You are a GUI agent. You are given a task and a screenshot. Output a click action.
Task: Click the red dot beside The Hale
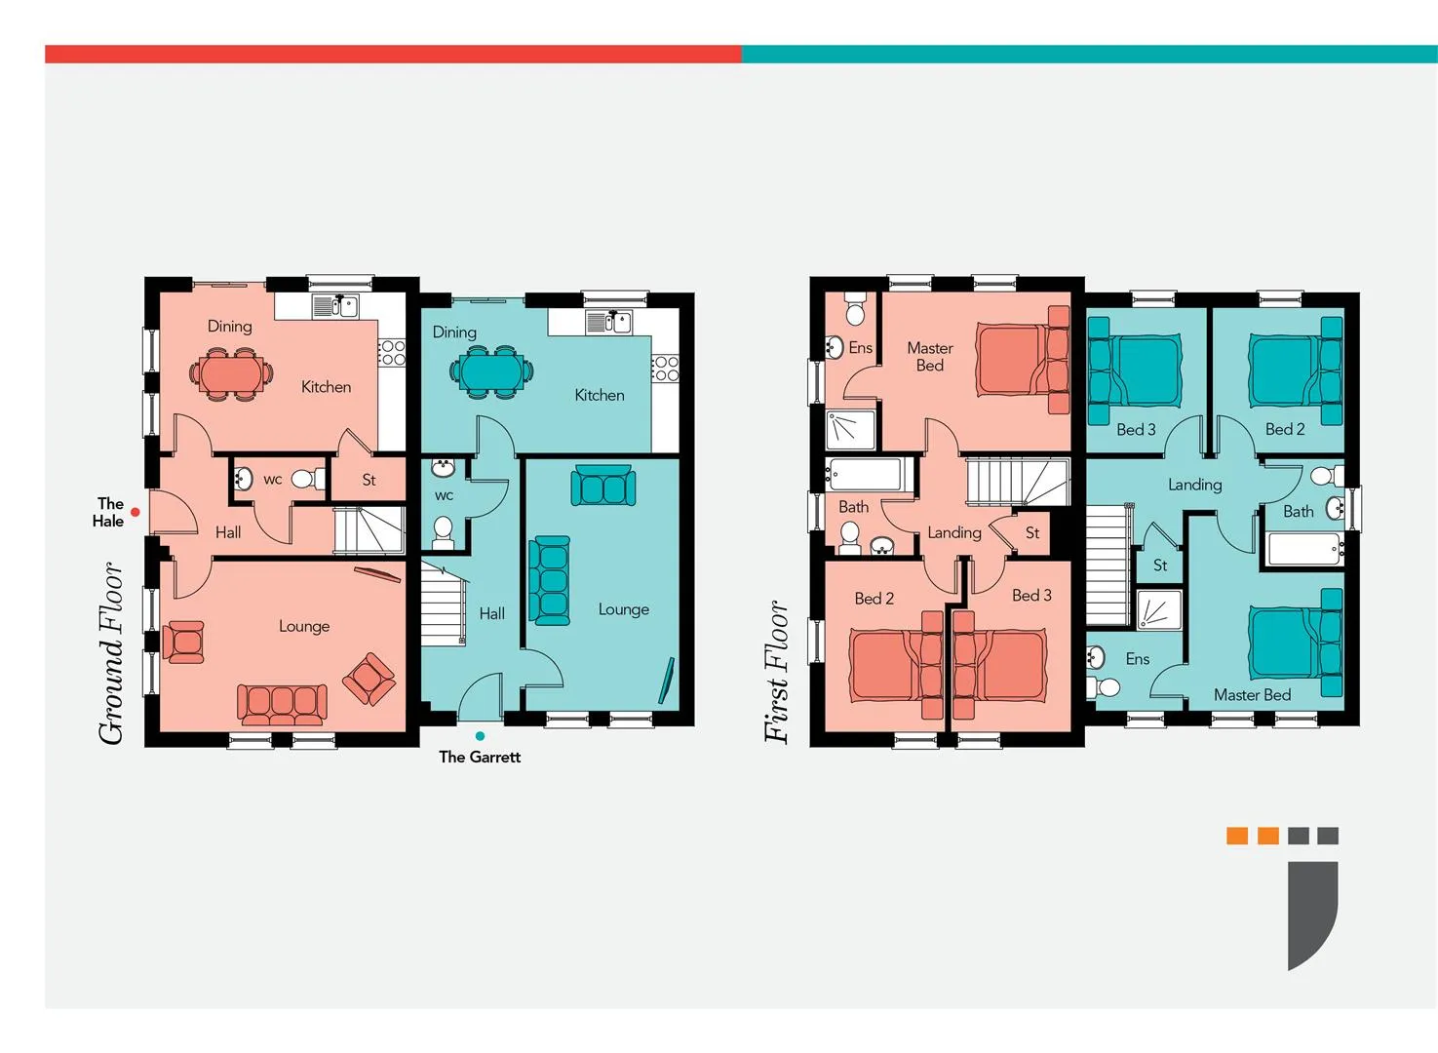(x=136, y=512)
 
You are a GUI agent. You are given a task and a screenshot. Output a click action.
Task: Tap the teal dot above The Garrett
(x=481, y=736)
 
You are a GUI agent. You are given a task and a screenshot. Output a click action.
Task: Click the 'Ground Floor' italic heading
(x=111, y=653)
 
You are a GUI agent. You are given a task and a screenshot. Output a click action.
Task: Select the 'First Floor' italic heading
(x=777, y=672)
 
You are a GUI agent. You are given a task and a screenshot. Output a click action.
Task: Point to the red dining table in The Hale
(x=230, y=373)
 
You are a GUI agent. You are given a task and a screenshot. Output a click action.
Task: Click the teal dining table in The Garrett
(x=491, y=371)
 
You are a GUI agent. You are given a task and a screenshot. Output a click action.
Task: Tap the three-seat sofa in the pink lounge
(x=282, y=703)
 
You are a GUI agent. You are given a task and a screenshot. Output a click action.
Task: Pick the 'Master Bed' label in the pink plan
(x=929, y=357)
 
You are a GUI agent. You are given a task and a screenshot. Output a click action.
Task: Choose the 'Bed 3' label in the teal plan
(x=1136, y=430)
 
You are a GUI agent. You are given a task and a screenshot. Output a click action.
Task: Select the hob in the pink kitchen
(x=392, y=353)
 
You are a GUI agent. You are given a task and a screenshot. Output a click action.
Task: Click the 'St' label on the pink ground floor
(x=369, y=480)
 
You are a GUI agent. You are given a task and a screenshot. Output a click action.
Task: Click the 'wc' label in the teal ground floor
(x=444, y=496)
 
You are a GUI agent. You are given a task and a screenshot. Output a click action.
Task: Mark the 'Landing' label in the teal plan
(x=1194, y=485)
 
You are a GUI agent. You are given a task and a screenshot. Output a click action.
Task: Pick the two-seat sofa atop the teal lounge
(x=602, y=485)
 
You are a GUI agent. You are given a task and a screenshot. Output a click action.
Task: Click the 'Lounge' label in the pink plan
(x=304, y=627)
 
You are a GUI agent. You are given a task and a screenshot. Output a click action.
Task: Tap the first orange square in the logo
(x=1237, y=836)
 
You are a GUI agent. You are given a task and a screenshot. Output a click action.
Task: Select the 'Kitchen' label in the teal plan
(x=599, y=395)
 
